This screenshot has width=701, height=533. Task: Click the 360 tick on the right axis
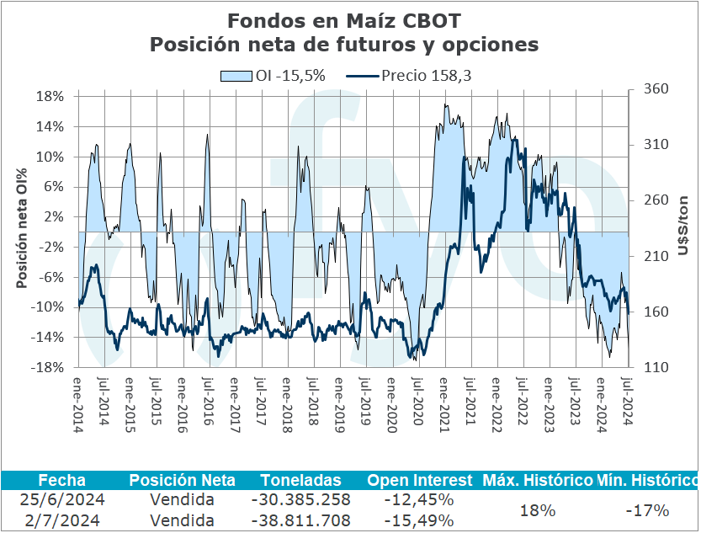click(654, 88)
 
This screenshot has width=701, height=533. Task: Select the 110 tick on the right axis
click(654, 367)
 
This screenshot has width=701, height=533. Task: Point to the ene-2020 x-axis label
click(391, 402)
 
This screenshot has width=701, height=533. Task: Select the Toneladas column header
click(301, 480)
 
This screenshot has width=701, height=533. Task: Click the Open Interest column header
click(419, 480)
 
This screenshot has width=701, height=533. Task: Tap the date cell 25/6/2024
click(61, 500)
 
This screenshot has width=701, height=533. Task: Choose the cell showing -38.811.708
click(301, 520)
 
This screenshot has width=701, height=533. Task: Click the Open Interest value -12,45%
click(419, 500)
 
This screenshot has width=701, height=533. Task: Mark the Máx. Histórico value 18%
click(537, 510)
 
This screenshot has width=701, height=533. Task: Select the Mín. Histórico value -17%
click(648, 510)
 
